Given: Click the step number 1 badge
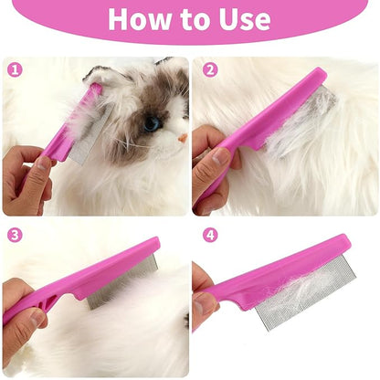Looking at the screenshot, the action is [15, 70].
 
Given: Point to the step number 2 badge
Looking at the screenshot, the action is [210, 70].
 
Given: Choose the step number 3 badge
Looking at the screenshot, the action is [15, 235].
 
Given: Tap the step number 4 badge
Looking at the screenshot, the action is [210, 235].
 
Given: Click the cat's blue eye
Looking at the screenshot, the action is [152, 123].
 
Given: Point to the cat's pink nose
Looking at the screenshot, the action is [183, 139].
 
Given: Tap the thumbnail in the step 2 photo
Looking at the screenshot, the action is [220, 156].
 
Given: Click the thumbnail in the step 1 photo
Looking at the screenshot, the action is [44, 164].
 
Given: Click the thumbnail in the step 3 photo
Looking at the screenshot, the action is [36, 318].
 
